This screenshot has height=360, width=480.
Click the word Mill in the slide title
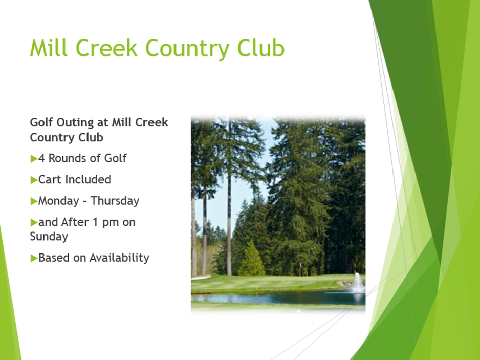pos(49,48)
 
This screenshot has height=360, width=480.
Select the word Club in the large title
pos(261,48)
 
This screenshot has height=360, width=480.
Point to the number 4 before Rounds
pos(41,158)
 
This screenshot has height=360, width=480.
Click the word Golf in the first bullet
pos(116,158)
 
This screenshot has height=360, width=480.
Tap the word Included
pos(88,179)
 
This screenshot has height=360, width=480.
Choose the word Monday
pos(59,201)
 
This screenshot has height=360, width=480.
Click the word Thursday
pos(115,201)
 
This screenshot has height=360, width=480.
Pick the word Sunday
pos(49,237)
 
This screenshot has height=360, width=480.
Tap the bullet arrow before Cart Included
pos(34,180)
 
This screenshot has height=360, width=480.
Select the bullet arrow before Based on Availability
pos(34,258)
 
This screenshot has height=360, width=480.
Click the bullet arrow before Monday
pos(34,201)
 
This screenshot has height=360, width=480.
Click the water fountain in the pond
pos(358,283)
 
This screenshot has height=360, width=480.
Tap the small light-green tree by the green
pos(251,259)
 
